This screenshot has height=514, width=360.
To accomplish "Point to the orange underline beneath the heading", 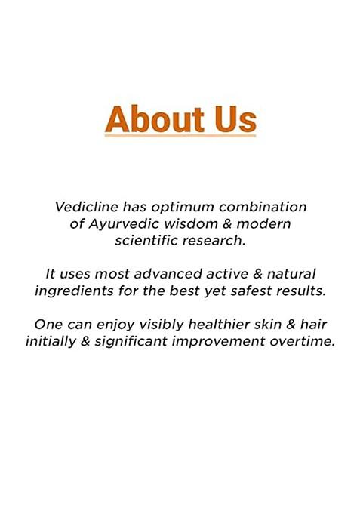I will pyautogui.click(x=180, y=136).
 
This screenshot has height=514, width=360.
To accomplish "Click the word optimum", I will pyautogui.click(x=173, y=206).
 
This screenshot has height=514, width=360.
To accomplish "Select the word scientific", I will pyautogui.click(x=148, y=241).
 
